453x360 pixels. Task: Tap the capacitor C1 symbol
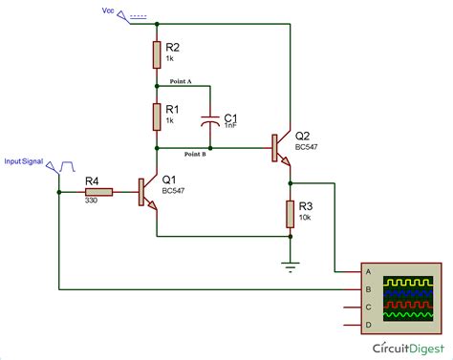coord(210,121)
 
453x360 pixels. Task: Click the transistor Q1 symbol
coord(148,192)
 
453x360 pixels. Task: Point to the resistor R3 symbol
coord(290,215)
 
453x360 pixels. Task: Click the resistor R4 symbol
coord(97,192)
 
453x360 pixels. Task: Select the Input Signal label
coord(26,161)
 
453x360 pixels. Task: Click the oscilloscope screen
coord(408,295)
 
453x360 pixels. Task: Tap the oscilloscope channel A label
coord(367,271)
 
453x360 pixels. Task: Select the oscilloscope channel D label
coord(367,326)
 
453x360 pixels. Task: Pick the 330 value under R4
coord(93,202)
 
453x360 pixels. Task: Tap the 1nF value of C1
coord(230,125)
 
